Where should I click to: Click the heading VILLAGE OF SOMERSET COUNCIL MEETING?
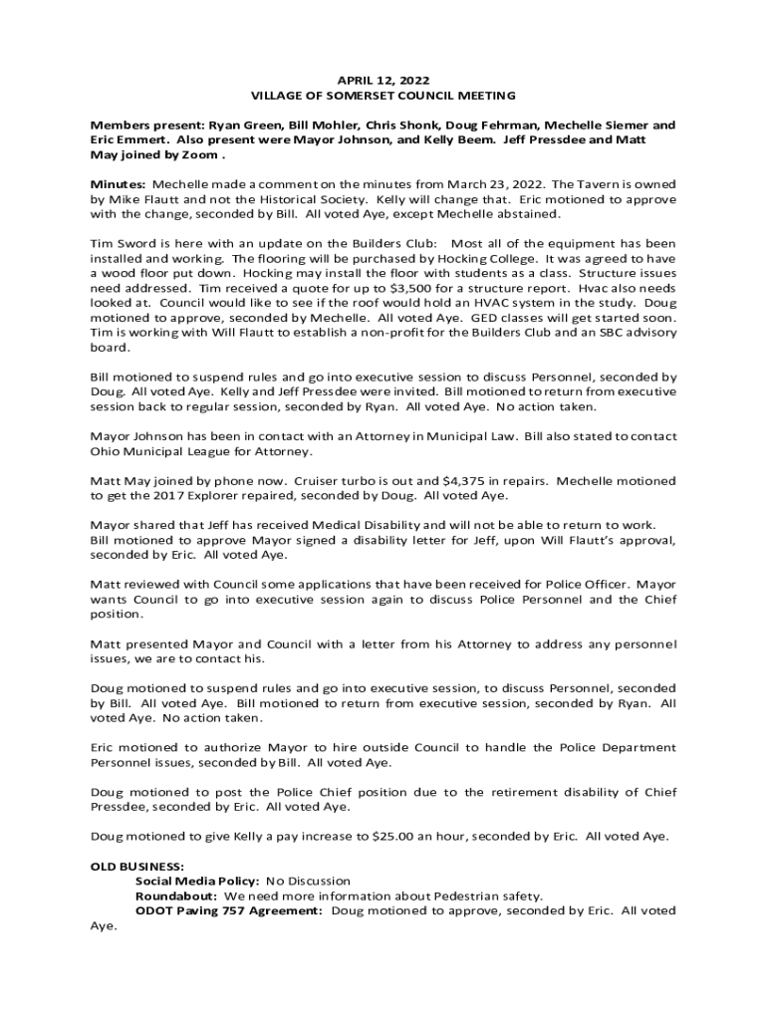(383, 96)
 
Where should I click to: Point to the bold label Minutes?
(119, 185)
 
